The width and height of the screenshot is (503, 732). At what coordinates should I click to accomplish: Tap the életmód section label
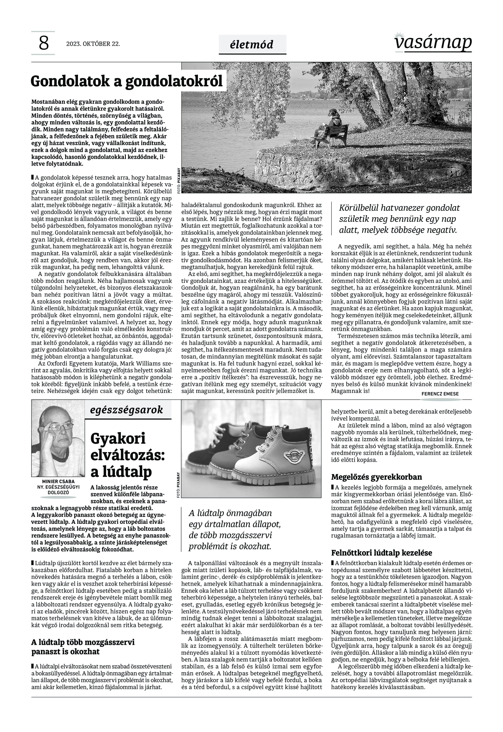click(252, 45)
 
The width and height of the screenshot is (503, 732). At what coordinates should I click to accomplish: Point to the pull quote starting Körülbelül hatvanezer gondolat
click(399, 219)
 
